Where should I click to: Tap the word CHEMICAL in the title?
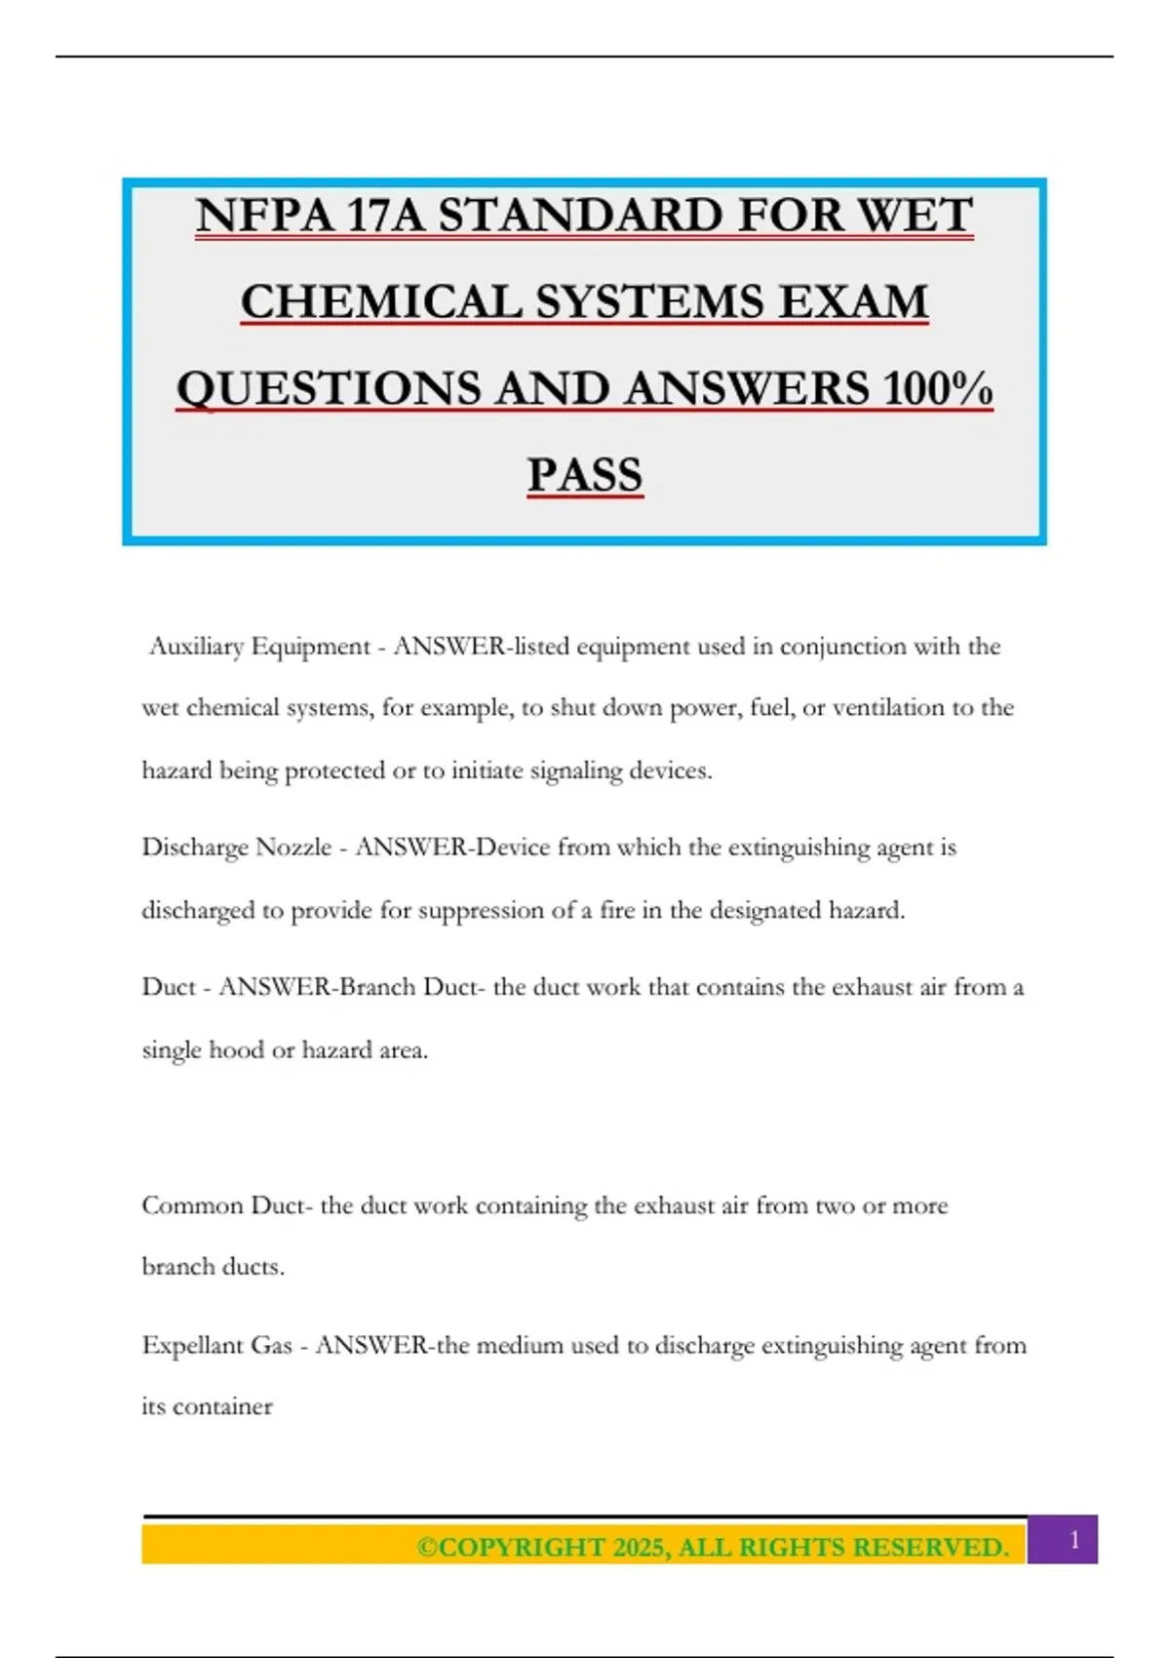point(381,302)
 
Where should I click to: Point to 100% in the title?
point(937,389)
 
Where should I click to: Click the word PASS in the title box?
point(585,476)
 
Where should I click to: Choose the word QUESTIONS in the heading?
point(328,389)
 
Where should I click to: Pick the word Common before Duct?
point(192,1206)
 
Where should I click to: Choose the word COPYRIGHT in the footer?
point(521,1548)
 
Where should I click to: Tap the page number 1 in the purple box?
point(1074,1540)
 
